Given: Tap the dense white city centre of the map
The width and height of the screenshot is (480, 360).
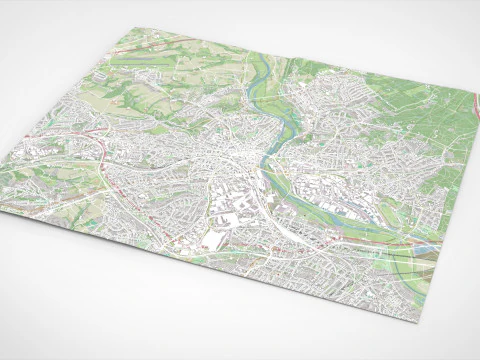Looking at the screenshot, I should (225, 160).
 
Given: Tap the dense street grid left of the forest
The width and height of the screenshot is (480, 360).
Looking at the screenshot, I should (320, 110).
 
